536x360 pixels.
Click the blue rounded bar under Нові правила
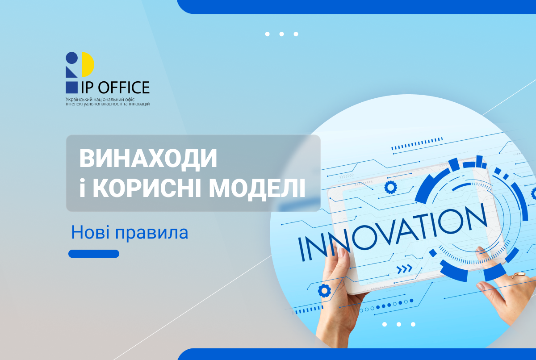point(94,254)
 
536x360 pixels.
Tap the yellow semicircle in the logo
point(88,64)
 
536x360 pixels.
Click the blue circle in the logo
point(71,58)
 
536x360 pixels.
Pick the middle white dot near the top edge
point(281,34)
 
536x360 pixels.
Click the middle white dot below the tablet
point(398,324)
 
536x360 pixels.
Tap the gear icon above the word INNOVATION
point(391,187)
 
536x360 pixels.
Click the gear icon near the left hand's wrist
point(324,291)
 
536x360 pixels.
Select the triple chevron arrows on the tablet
point(405,268)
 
